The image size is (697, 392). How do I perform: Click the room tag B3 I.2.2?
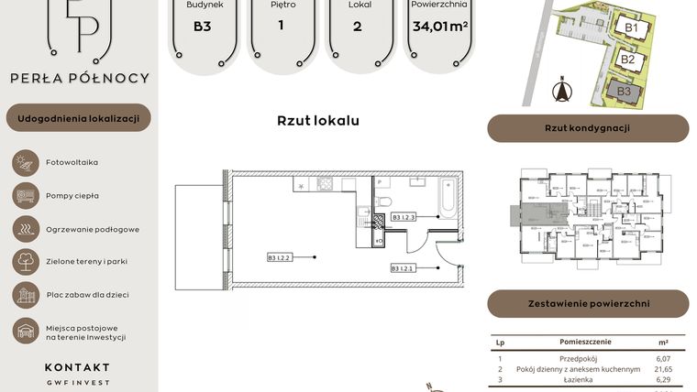[x=279, y=258]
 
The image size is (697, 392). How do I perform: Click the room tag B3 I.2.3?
[x=404, y=217]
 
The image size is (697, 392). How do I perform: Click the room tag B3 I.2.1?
[x=404, y=268]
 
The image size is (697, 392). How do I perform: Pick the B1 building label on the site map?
[x=630, y=28]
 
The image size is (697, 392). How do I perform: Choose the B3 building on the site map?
[x=624, y=91]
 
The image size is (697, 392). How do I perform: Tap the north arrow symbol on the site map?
[x=562, y=91]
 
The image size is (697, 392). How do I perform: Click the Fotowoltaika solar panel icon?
[x=24, y=162]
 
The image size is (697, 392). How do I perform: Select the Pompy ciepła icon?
[x=24, y=195]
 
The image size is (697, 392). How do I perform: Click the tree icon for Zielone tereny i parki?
[x=24, y=262]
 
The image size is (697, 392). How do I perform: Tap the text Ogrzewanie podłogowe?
[x=93, y=229]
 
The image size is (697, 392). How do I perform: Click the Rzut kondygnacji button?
[x=587, y=128]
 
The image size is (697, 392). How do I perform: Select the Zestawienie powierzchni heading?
[x=587, y=303]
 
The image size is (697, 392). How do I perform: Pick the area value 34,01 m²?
[x=440, y=27]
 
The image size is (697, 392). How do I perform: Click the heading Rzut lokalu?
[x=317, y=120]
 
